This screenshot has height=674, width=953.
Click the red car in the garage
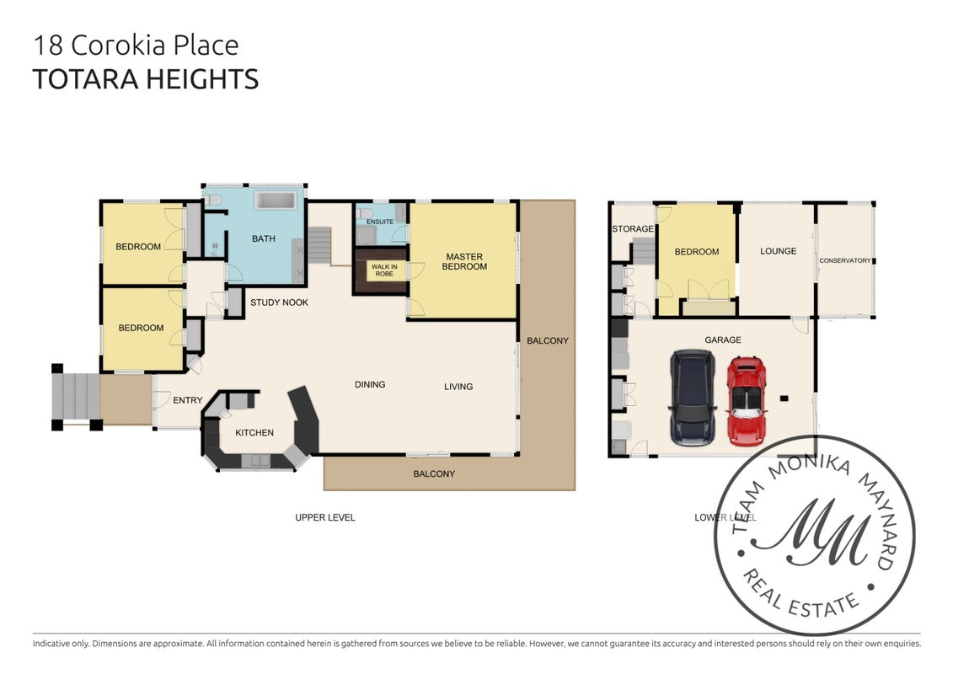[747, 401]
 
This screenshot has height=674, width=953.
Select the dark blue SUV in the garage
[692, 398]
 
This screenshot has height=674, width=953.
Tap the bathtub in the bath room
[275, 201]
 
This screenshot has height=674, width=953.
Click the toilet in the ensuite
[364, 213]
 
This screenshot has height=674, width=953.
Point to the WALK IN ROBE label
[384, 270]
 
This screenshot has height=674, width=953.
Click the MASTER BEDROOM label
[464, 262]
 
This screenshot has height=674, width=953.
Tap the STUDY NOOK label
[279, 302]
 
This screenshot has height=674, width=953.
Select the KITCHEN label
[254, 433]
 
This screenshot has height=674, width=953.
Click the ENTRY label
[187, 400]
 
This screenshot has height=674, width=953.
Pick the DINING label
[370, 385]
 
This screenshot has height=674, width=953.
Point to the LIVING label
[458, 387]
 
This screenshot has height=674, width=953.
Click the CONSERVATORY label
[845, 260]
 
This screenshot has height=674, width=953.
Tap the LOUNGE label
[778, 251]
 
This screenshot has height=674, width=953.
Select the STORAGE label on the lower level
[633, 229]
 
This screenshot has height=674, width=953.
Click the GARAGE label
[723, 340]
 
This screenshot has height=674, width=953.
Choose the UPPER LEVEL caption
[324, 518]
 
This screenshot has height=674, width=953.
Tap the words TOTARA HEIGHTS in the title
[145, 79]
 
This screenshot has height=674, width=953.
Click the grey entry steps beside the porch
[76, 396]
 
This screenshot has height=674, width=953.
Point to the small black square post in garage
[784, 399]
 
